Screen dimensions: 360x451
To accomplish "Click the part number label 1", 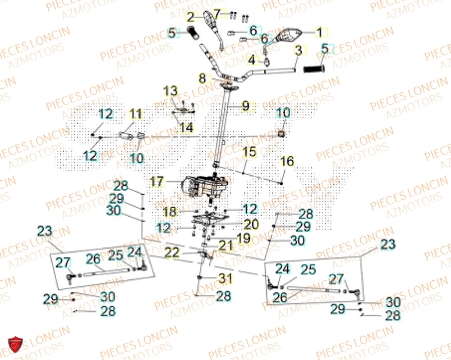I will (x=319, y=32).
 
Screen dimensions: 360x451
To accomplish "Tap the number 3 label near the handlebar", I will (x=298, y=50).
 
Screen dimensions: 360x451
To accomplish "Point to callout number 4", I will (x=251, y=59).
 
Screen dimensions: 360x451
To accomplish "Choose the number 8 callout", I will (x=203, y=78).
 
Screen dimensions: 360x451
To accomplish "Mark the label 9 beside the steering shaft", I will (x=245, y=106).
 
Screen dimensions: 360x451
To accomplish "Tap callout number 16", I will (x=287, y=161).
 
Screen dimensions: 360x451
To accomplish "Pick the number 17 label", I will (x=156, y=182).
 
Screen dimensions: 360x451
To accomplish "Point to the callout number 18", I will (x=170, y=211).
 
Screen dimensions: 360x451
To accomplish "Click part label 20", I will (x=251, y=224).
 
